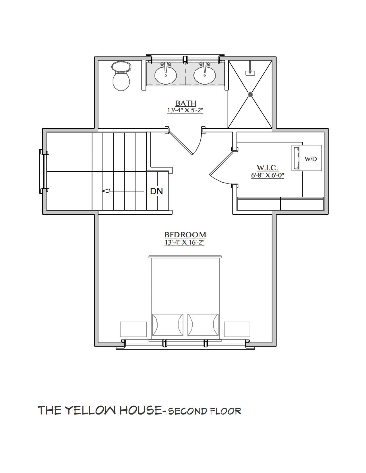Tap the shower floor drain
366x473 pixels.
click(x=250, y=93)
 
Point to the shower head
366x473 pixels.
click(x=250, y=72)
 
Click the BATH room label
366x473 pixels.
click(x=185, y=103)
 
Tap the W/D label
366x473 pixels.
click(x=311, y=159)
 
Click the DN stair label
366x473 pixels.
click(x=156, y=191)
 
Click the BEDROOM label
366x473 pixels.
click(x=185, y=235)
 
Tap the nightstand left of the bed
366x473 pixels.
click(x=133, y=329)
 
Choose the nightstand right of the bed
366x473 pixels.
click(x=237, y=329)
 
